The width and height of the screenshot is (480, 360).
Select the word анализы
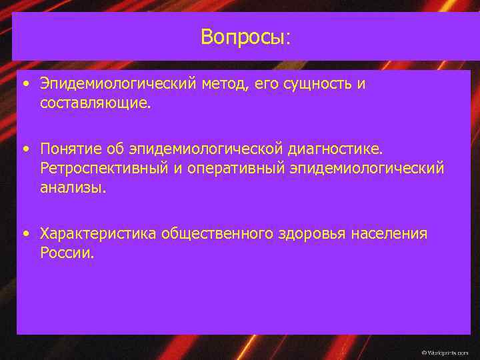click(x=72, y=188)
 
